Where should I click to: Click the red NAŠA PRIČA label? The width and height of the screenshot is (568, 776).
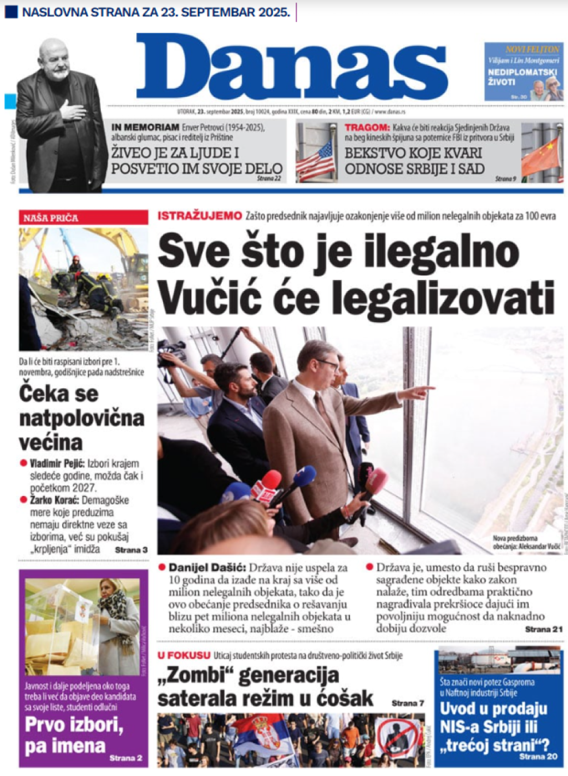tap(51, 218)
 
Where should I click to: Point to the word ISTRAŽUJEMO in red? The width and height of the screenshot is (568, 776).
tap(200, 216)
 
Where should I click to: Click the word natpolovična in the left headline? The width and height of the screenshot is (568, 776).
tap(82, 418)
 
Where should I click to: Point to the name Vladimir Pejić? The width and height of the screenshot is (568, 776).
tap(57, 463)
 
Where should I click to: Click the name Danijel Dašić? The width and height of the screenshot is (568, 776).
tap(206, 568)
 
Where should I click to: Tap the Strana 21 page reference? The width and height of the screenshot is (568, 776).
tap(544, 629)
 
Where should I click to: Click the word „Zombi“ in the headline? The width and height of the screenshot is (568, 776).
tap(192, 675)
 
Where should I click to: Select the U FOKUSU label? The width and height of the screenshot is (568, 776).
tap(184, 655)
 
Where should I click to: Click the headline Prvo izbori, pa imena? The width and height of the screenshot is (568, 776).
tap(73, 735)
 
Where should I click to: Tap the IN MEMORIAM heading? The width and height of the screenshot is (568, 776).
tap(145, 127)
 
